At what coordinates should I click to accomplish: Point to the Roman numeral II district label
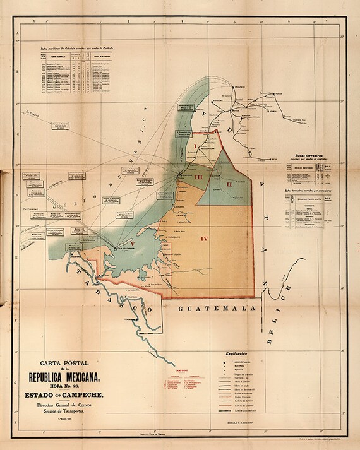229,184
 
